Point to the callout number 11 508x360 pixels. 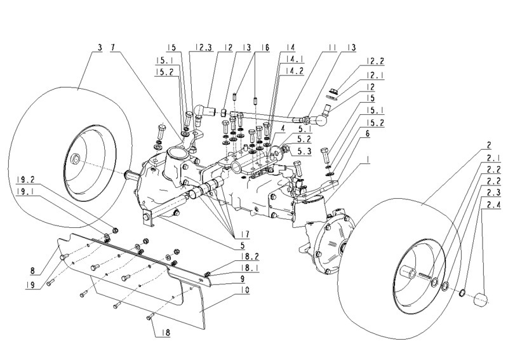click(x=331, y=47)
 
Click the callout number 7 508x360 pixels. click(x=114, y=47)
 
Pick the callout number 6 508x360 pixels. click(x=368, y=134)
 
